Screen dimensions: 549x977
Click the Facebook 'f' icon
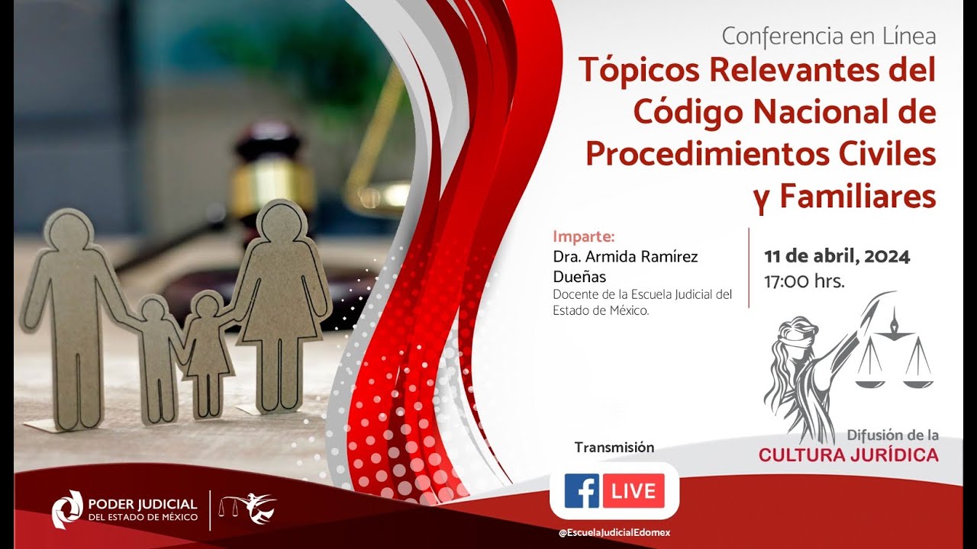[x=582, y=491]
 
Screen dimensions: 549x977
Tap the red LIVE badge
[x=634, y=491]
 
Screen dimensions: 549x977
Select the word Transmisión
[x=614, y=448]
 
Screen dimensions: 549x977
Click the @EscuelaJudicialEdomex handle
[x=614, y=532]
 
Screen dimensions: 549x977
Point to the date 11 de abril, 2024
[x=837, y=256]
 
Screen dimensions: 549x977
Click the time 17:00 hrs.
[x=804, y=281]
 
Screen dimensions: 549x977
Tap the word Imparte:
[x=583, y=235]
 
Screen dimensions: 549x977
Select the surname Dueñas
[x=579, y=277]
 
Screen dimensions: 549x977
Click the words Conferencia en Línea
[x=828, y=36]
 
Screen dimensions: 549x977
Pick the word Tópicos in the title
[x=639, y=71]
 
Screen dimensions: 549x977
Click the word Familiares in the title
[x=857, y=196]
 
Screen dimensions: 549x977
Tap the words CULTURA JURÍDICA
[x=848, y=456]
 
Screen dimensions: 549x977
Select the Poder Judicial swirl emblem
[x=67, y=509]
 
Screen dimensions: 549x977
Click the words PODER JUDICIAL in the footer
[x=143, y=504]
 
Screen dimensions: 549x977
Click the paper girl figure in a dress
[x=207, y=351]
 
